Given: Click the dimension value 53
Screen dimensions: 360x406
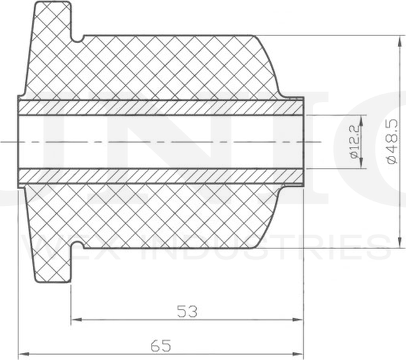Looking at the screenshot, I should click(x=187, y=311).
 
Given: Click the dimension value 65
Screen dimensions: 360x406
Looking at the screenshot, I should click(x=161, y=345).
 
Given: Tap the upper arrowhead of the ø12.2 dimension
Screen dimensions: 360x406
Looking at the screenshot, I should click(x=362, y=119).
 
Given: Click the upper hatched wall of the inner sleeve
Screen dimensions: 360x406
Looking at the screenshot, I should click(x=159, y=107).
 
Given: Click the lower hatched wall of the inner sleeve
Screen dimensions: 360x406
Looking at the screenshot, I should click(x=159, y=176).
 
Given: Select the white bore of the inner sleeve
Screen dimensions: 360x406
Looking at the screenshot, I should click(x=159, y=141).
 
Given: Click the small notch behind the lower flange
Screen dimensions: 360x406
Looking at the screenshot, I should click(x=78, y=247).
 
